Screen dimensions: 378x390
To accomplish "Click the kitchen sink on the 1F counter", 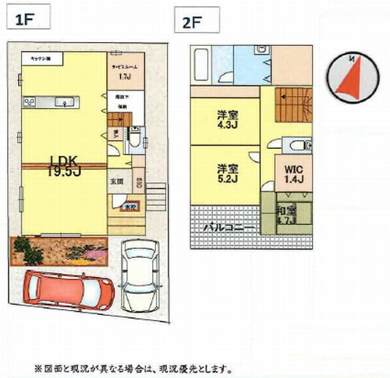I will (x=66, y=101).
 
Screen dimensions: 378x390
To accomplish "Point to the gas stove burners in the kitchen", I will (x=30, y=101).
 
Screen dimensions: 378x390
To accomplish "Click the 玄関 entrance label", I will (x=117, y=180).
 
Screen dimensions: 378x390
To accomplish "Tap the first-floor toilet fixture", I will (x=135, y=140).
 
